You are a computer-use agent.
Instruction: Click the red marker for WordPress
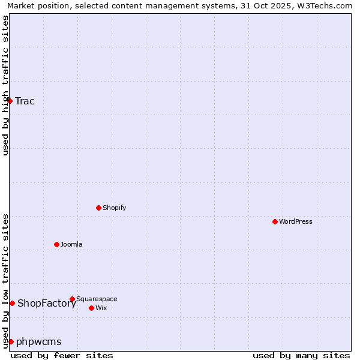pos(275,221)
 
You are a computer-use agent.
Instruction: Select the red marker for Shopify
pos(99,208)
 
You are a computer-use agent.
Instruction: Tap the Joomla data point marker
pos(57,244)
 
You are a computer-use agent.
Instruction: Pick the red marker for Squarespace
pos(73,299)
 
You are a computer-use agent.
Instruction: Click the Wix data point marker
pos(92,308)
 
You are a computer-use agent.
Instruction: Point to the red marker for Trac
pos(10,101)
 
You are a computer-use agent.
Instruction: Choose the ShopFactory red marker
pos(12,303)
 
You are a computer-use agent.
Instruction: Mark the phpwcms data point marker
pos(11,341)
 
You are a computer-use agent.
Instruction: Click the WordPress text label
pos(296,222)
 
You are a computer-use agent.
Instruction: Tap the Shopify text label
pos(115,208)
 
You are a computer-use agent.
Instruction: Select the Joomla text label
pos(71,245)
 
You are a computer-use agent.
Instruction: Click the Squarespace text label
pos(97,299)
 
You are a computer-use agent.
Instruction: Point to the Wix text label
pos(101,308)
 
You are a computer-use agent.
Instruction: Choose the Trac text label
pos(25,101)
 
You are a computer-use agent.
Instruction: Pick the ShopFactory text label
pos(47,304)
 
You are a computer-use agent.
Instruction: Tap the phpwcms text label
pos(39,342)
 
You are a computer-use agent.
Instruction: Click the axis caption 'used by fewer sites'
pos(62,355)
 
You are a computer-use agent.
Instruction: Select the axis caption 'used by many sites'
pos(301,355)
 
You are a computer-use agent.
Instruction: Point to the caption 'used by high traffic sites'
pos(5,85)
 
